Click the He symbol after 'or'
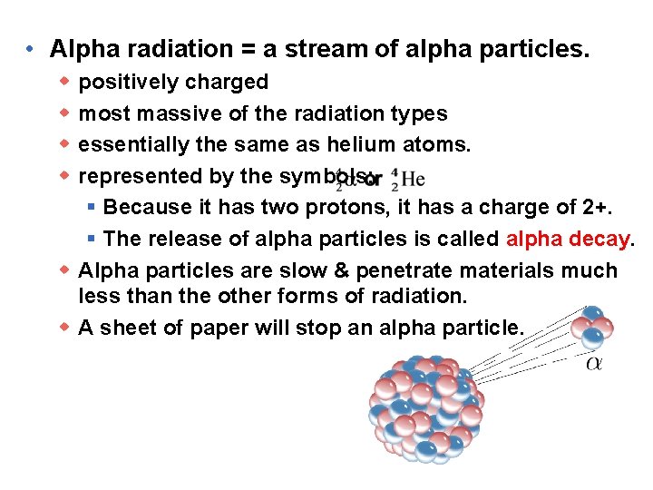click(407, 179)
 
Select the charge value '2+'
click(596, 208)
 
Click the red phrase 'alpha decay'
click(568, 239)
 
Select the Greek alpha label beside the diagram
click(594, 364)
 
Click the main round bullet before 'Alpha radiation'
click(31, 48)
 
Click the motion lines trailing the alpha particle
click(526, 349)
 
